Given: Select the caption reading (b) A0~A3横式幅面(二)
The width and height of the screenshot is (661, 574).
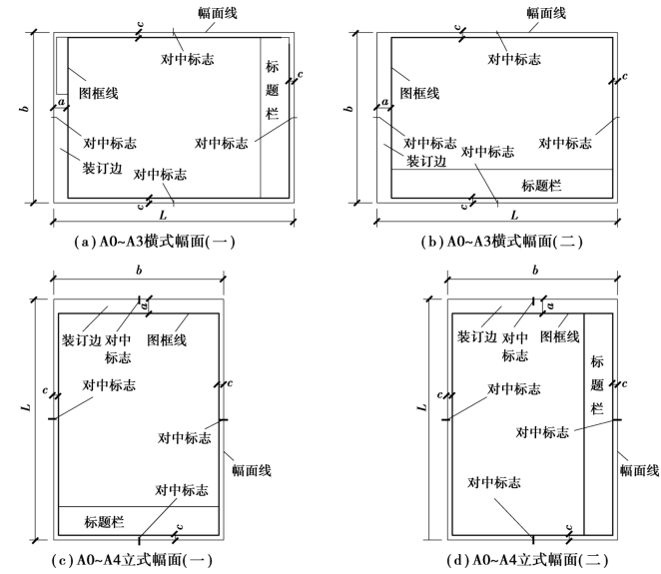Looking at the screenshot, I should click(496, 241).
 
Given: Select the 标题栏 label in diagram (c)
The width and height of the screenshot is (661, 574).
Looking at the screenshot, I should click(104, 521).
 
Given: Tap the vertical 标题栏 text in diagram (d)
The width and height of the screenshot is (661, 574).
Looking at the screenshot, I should click(598, 384).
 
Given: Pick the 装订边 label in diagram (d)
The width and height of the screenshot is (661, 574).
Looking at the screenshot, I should click(477, 337).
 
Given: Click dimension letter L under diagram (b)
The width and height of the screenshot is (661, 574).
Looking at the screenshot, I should click(514, 215).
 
